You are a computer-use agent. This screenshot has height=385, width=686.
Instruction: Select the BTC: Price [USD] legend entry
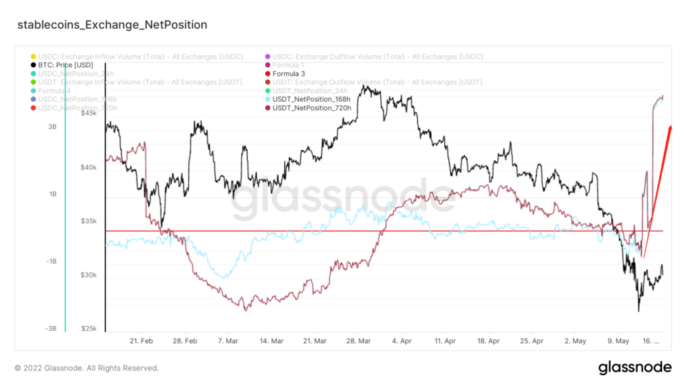(x=65, y=65)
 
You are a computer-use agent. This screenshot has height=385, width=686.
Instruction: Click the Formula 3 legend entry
(x=288, y=74)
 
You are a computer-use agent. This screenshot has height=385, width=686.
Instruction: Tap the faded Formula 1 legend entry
(x=288, y=65)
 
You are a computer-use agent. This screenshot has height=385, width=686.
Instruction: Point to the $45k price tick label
(x=88, y=114)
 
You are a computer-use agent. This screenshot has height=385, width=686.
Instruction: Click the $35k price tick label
(x=88, y=221)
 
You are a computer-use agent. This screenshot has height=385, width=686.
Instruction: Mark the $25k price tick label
(x=88, y=329)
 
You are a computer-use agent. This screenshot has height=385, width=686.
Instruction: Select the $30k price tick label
(x=88, y=275)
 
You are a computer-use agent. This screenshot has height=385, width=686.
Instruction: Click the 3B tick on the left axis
(x=52, y=127)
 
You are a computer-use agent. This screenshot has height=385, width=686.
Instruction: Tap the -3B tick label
(x=50, y=329)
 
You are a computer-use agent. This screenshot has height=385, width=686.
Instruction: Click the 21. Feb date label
(x=142, y=341)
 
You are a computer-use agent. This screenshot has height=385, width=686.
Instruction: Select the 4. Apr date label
(x=402, y=341)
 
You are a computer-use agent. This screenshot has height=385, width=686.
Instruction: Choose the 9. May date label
(x=617, y=341)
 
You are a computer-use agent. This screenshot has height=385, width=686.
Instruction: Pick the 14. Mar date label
(x=271, y=341)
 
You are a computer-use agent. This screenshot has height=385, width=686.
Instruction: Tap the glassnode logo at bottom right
(x=634, y=367)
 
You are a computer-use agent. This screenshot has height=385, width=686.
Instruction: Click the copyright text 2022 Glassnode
(x=86, y=368)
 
